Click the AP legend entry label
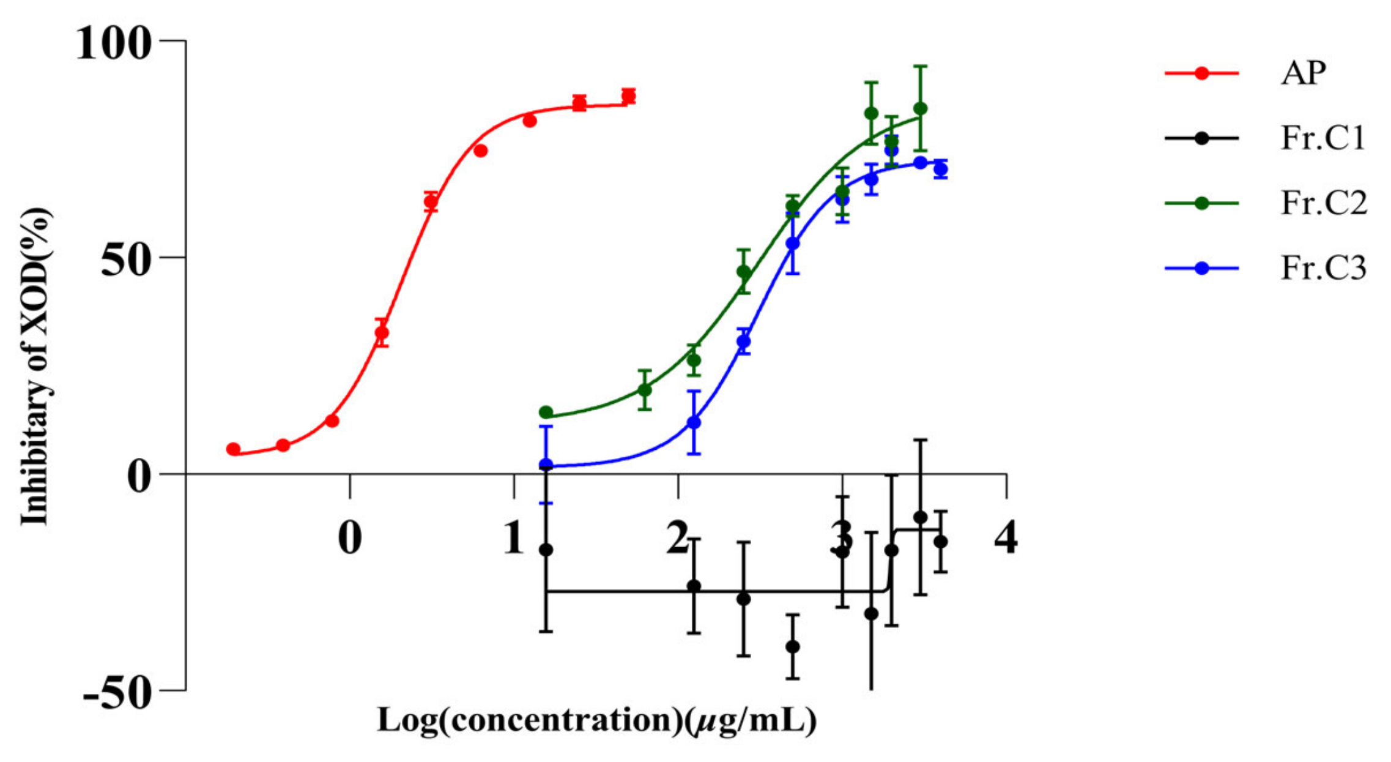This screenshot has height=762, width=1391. click(x=1304, y=74)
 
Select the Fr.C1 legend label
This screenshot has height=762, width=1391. click(x=1323, y=138)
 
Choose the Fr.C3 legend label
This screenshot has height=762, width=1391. click(x=1323, y=268)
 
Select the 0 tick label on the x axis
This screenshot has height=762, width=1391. click(x=350, y=539)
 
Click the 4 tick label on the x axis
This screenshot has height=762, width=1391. click(x=1006, y=539)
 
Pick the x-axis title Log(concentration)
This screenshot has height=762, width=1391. click(x=596, y=721)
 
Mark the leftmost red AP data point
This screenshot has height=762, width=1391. click(x=233, y=449)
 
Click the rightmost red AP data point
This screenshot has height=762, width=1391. click(x=628, y=96)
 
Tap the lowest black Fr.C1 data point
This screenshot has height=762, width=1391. click(x=793, y=646)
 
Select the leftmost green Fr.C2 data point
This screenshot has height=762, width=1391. click(x=546, y=413)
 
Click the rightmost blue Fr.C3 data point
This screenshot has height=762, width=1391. click(x=941, y=169)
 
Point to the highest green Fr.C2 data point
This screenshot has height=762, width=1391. click(x=920, y=109)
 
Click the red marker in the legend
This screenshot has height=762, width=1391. click(x=1201, y=73)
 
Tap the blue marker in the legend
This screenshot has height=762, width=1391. click(x=1201, y=268)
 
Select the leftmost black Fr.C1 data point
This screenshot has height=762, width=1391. click(x=546, y=550)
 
